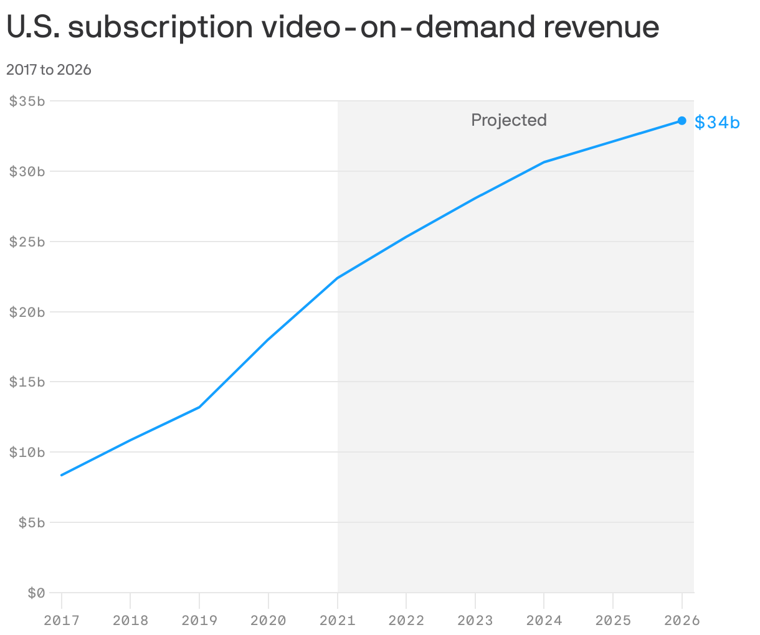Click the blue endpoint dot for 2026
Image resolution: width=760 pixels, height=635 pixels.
[x=682, y=121]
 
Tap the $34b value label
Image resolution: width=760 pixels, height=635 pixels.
[x=717, y=123]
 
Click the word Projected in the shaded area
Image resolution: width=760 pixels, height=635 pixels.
[x=508, y=120]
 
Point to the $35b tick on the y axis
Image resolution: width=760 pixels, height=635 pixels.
[x=27, y=101]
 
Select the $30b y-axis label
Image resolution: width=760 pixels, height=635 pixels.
[x=27, y=172]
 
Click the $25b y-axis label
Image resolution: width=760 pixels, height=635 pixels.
[x=27, y=242]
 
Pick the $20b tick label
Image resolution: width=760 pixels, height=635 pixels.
[x=27, y=313]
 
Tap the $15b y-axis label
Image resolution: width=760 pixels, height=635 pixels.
[x=27, y=382]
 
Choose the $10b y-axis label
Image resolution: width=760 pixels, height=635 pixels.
[x=27, y=453]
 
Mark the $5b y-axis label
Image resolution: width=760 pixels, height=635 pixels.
[x=31, y=523]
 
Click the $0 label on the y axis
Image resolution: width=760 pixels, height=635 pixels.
[x=36, y=593]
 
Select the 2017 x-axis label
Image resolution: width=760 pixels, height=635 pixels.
[x=61, y=621]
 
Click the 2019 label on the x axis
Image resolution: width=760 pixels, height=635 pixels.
[x=199, y=621]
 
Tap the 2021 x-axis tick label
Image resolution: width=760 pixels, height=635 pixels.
[x=337, y=621]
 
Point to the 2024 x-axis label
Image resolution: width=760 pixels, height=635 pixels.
[x=544, y=621]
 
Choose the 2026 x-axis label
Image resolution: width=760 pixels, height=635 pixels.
[x=682, y=621]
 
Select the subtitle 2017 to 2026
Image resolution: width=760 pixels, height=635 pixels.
[x=49, y=70]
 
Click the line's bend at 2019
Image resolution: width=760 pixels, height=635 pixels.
[x=199, y=407]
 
